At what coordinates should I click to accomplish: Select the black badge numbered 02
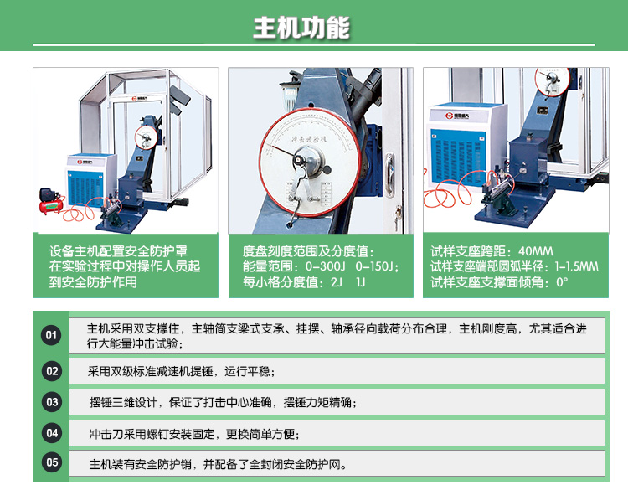coord(52,371)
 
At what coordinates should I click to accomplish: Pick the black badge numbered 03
coord(52,402)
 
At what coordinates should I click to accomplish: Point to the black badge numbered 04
coord(52,433)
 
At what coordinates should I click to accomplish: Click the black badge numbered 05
coord(52,462)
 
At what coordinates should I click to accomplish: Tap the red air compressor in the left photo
coord(52,199)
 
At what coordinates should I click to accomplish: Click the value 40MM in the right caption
coord(537,251)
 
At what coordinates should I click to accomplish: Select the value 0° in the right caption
coord(563,282)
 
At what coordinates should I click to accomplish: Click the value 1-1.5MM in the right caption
coord(577,266)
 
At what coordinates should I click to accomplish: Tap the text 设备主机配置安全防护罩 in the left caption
coord(118,251)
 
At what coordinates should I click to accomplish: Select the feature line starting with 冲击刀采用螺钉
coord(193,434)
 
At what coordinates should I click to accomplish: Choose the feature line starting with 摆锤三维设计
coord(223,403)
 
